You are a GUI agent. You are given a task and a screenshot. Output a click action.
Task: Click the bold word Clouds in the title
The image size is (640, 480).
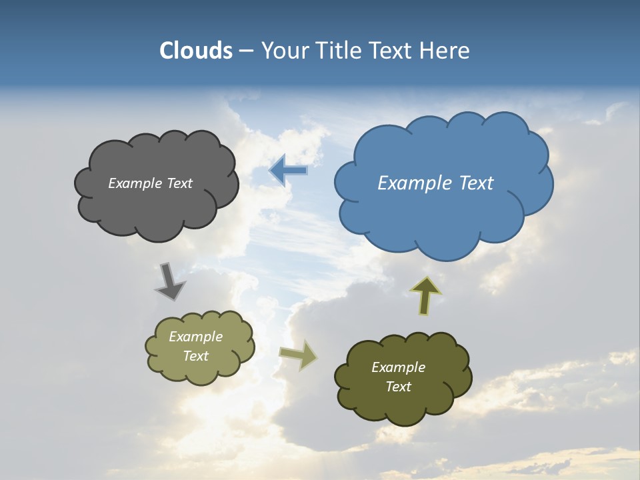[x=196, y=51]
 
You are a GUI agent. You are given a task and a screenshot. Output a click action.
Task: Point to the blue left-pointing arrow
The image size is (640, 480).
[x=289, y=171]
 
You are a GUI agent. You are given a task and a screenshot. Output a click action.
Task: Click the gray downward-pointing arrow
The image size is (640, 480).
[x=169, y=281]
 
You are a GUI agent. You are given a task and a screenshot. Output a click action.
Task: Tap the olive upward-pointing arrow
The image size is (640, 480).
[x=425, y=295]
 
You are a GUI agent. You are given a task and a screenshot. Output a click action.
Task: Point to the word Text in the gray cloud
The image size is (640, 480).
[x=178, y=183]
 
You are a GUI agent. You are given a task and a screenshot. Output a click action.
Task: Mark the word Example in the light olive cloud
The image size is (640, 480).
[x=195, y=337]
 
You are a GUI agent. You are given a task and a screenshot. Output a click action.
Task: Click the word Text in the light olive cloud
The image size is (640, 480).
[x=195, y=356]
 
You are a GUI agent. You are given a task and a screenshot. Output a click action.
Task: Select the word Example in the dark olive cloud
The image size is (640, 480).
[x=398, y=367]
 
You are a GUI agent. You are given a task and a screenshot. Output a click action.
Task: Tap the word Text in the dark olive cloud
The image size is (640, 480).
[x=398, y=387]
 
